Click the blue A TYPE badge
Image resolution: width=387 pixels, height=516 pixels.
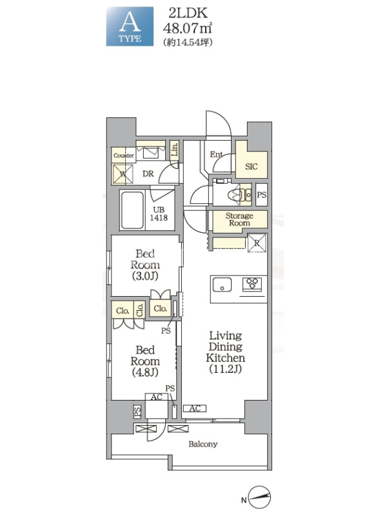pos(130,26)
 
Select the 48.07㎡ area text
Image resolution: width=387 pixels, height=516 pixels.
pos(187,28)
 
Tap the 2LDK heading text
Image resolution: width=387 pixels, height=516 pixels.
pos(188,13)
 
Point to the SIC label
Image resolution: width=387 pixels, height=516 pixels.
pos(252,166)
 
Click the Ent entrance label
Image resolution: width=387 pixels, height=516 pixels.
pos(217,154)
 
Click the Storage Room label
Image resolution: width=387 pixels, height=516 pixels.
pos(239,219)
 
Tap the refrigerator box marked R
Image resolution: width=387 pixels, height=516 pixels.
pos(257,243)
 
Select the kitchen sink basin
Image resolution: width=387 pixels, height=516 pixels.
pos(222,284)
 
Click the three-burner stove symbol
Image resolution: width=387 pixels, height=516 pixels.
pos(252,284)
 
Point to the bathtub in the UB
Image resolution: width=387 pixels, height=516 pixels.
pos(132,210)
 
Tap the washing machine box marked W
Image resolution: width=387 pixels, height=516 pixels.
pos(123,174)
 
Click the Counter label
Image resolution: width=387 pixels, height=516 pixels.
pos(124,155)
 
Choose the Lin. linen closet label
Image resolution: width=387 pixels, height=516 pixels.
pos(175,150)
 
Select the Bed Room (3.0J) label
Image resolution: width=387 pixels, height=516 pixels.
pos(145,264)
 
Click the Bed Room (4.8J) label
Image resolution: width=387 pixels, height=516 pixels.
pos(145,361)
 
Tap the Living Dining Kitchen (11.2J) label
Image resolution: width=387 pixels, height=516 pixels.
pos(225,352)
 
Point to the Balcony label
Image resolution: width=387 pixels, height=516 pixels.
pos(203,444)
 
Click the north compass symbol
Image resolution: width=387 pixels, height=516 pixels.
pos(260,497)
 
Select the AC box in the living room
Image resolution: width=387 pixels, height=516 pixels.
pos(195,408)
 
